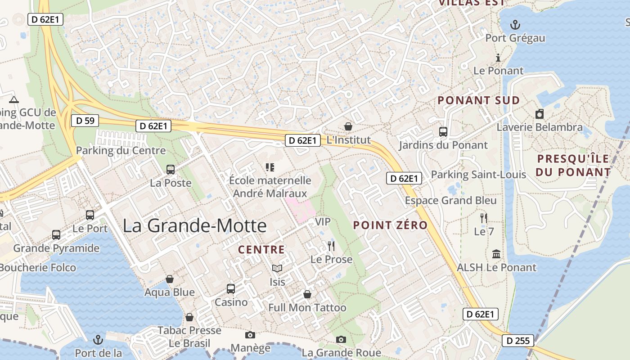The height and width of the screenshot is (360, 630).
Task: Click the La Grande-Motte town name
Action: (x=194, y=225)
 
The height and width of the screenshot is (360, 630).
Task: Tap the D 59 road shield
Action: (x=85, y=121)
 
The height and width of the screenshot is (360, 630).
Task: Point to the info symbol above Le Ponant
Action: (x=498, y=58)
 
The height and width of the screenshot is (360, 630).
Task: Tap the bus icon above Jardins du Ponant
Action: (x=443, y=132)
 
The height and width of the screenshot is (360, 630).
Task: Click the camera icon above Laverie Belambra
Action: (x=540, y=114)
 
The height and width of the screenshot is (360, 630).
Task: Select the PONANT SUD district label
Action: (x=479, y=100)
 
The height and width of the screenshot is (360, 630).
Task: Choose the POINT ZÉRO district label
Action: (x=390, y=225)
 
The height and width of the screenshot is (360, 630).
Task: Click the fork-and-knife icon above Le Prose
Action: (x=331, y=246)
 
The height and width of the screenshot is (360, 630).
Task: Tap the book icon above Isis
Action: (x=277, y=269)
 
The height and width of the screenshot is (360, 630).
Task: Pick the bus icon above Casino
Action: (x=231, y=288)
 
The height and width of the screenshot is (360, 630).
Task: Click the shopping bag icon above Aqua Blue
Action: (x=170, y=279)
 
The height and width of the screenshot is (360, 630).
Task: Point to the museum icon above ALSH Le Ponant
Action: (x=496, y=254)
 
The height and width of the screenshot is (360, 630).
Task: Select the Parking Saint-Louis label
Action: (x=478, y=174)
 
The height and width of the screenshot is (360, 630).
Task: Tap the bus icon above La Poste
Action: (x=171, y=169)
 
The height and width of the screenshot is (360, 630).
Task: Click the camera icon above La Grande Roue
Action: (x=341, y=339)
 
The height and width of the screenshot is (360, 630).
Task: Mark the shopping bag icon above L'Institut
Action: (x=348, y=126)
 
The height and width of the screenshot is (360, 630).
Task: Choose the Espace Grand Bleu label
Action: (x=451, y=200)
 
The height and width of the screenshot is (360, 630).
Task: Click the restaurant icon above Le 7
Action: (x=484, y=218)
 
